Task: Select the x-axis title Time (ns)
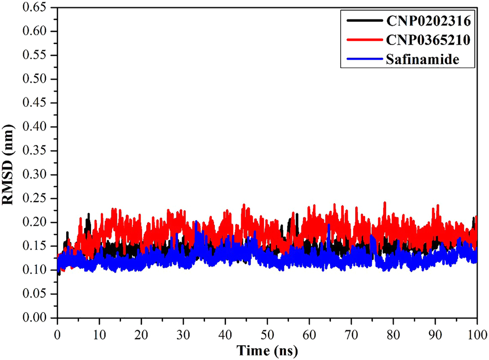click(267, 351)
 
